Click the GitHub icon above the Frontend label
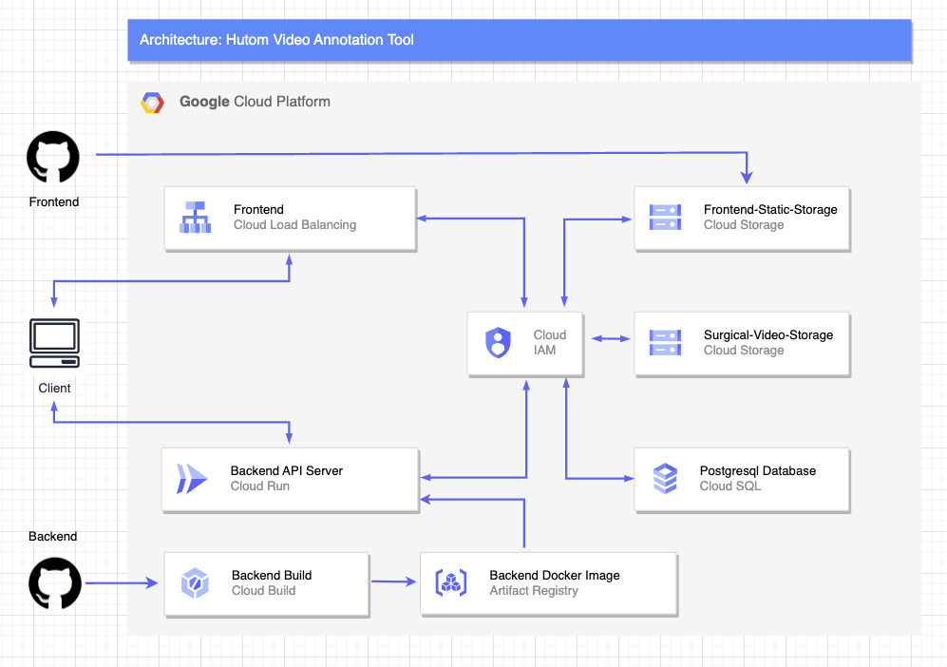(x=53, y=157)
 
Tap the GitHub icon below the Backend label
(x=55, y=582)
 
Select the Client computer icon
(x=54, y=343)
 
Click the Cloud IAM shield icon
(x=498, y=342)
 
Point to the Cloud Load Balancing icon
(x=196, y=218)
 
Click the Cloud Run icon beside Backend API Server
(x=191, y=478)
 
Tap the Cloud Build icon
(x=195, y=582)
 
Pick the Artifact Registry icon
(x=450, y=582)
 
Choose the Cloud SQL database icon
(x=665, y=478)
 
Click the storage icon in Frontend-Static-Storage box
(x=664, y=218)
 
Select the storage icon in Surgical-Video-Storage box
(x=664, y=342)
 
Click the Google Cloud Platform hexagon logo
(x=152, y=103)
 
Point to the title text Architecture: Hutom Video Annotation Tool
(x=276, y=40)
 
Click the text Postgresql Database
(x=757, y=470)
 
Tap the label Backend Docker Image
(x=555, y=575)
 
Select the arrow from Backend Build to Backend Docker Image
(x=394, y=581)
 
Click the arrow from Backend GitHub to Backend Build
(x=122, y=582)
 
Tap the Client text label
(x=54, y=388)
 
